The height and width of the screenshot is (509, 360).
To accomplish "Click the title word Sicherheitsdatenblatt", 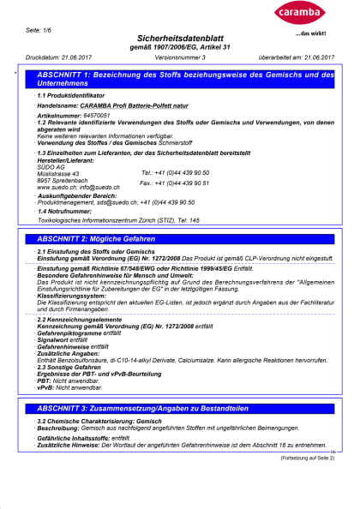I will pos(179,39).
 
